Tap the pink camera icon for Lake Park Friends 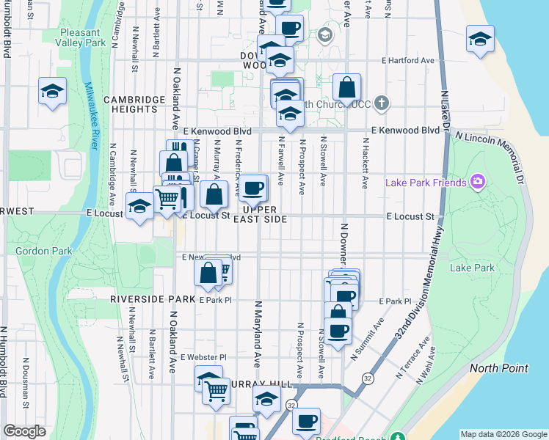point(478,182)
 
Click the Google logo point(24,431)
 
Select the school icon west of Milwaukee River point(52,92)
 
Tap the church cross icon point(381,103)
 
